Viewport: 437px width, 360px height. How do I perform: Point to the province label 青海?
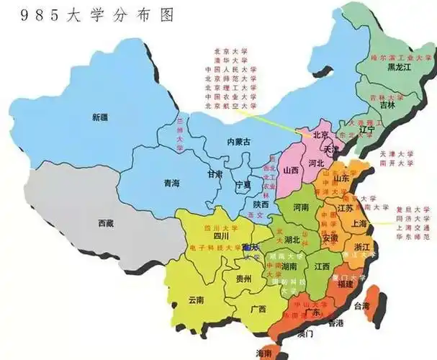[x=171, y=182]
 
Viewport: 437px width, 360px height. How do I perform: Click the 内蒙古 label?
[x=238, y=142]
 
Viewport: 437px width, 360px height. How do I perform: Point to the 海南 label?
[x=264, y=353]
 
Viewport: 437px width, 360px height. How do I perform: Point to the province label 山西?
[x=291, y=171]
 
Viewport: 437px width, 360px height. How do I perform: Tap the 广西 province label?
[x=258, y=309]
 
